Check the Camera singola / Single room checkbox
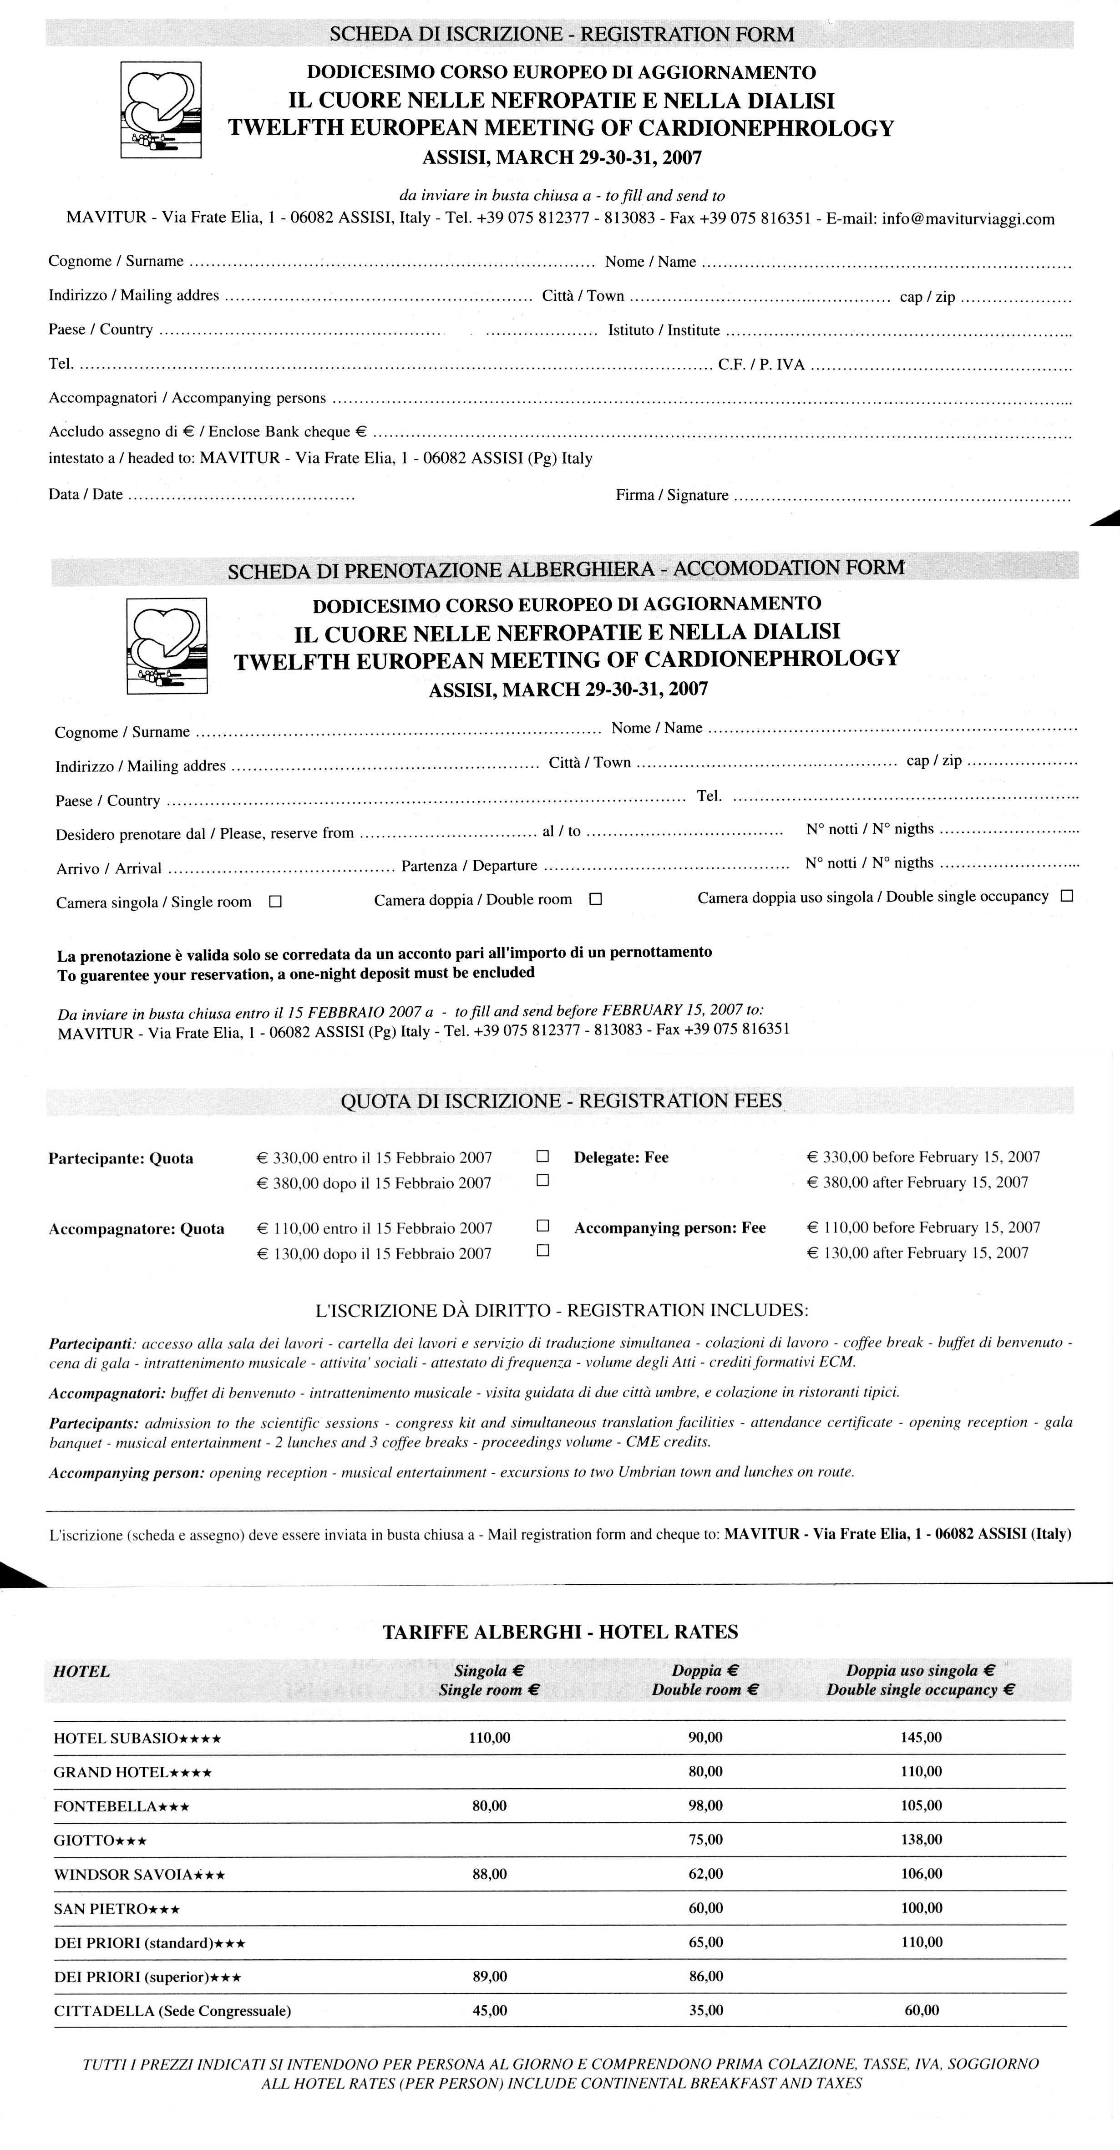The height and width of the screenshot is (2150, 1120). point(275,902)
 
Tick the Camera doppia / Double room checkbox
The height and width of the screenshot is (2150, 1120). point(595,899)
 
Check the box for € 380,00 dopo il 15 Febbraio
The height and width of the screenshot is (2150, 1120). point(542,1180)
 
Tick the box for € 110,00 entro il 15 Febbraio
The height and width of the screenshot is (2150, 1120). point(542,1225)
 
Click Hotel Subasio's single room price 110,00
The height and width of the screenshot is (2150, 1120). point(489,1738)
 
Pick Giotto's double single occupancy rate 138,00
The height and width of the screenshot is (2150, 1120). point(922,1840)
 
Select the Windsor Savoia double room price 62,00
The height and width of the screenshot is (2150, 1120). point(705,1874)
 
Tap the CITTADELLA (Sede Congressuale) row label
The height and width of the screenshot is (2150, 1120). point(172,2011)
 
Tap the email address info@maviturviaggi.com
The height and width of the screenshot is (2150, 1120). point(968,219)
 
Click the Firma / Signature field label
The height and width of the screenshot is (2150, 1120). point(672,495)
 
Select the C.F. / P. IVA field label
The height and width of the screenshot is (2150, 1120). point(761,365)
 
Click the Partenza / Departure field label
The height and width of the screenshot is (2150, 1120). point(469,866)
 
